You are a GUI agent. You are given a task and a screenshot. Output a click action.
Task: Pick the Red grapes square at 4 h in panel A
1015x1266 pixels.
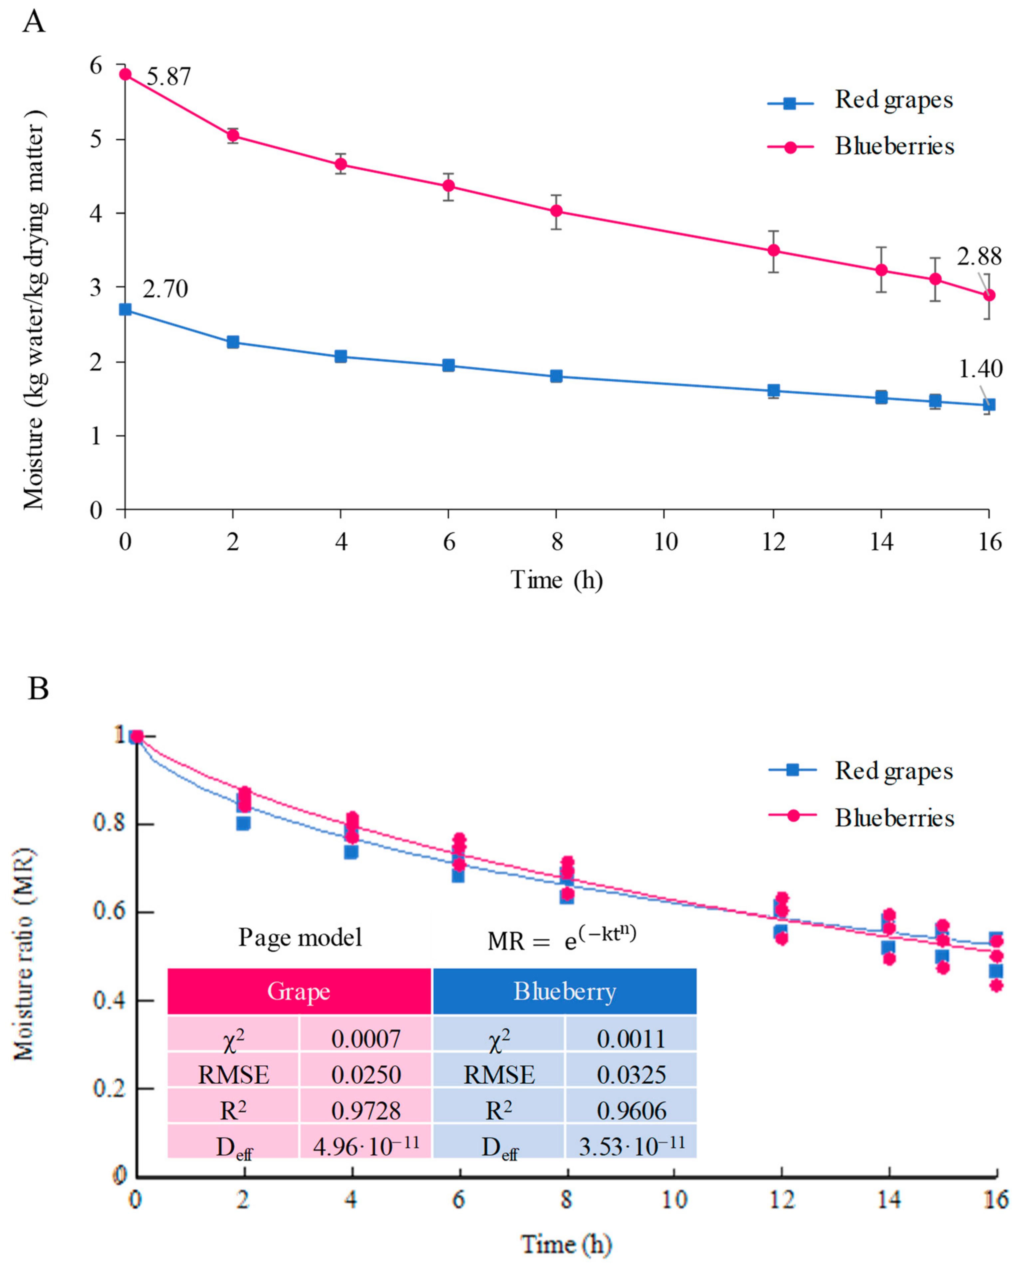click(341, 356)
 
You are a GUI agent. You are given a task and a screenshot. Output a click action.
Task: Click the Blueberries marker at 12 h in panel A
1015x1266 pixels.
click(774, 250)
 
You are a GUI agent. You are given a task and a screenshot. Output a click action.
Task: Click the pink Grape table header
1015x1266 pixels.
click(299, 992)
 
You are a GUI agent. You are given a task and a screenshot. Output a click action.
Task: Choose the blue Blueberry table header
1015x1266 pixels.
click(565, 992)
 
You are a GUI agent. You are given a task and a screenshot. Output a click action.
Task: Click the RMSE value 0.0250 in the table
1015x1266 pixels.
click(366, 1075)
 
